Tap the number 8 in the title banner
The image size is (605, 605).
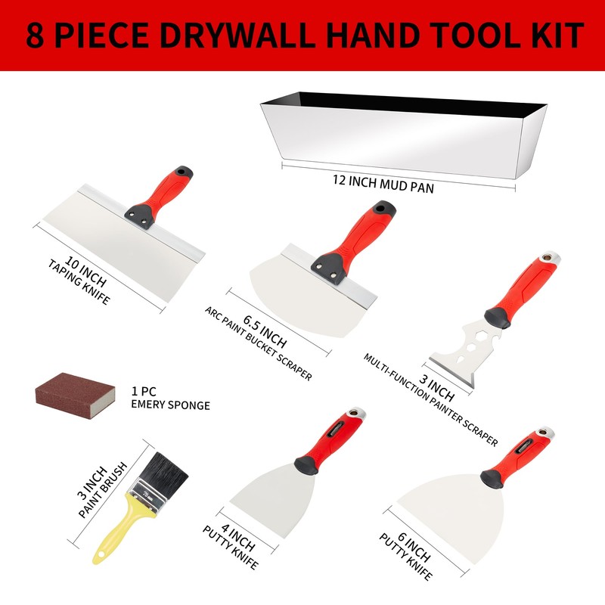click(35, 35)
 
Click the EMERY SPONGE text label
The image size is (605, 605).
click(170, 405)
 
